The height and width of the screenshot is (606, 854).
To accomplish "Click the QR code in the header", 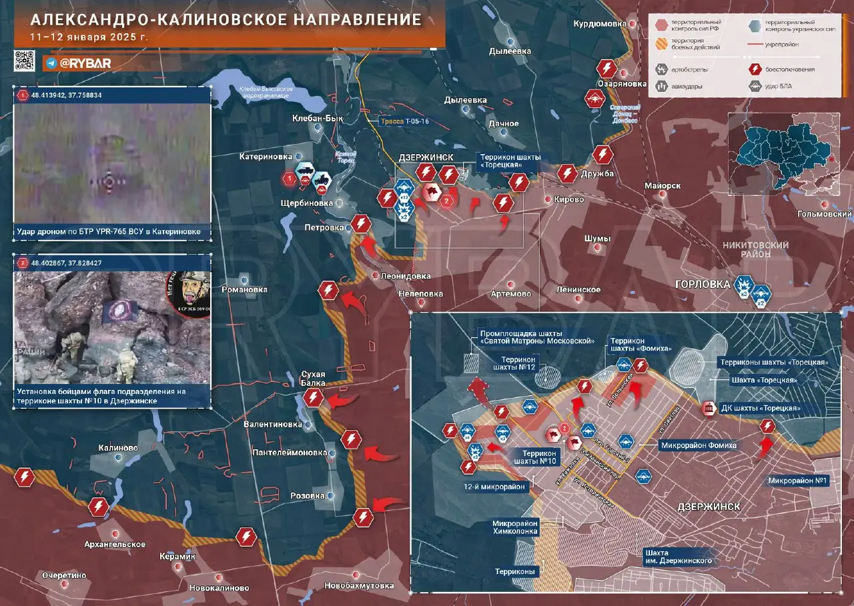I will tap(24, 60).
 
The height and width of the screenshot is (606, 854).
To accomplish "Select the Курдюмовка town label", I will tap(600, 24).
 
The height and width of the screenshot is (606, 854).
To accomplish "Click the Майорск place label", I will tap(663, 185).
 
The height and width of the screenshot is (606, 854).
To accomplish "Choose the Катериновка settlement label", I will tap(266, 157).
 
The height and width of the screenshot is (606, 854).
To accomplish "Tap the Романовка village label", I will tap(244, 289).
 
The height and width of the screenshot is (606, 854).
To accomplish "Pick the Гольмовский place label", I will tap(825, 214).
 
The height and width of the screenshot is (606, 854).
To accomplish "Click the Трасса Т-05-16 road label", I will tap(405, 121).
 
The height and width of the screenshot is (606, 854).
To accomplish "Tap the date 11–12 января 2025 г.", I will tap(89, 37).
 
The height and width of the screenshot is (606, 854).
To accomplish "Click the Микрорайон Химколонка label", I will tap(516, 527).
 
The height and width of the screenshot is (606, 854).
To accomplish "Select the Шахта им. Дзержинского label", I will tap(678, 557).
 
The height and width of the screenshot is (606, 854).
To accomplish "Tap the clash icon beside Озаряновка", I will tap(606, 69).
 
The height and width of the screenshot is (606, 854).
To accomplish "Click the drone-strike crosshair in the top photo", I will tap(109, 181).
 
